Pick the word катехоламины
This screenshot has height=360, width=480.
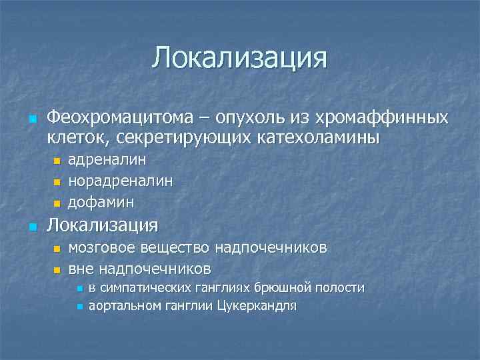coord(316,138)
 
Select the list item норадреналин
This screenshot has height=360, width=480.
coord(121,181)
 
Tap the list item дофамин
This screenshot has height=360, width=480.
coord(101,201)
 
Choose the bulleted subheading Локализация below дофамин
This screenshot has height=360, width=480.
coord(102,225)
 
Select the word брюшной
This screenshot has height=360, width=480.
coord(277,288)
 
